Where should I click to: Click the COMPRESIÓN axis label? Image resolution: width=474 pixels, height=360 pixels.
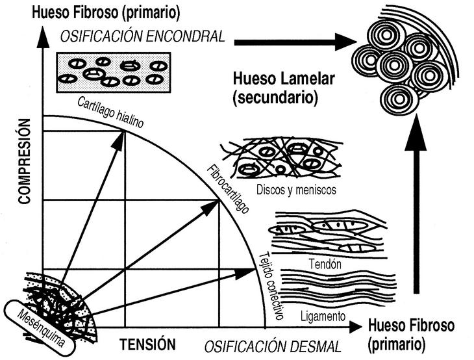25,161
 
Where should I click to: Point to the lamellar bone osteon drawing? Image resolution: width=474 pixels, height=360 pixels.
397,59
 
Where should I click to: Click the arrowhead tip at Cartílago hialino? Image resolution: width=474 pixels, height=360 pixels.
125,129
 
